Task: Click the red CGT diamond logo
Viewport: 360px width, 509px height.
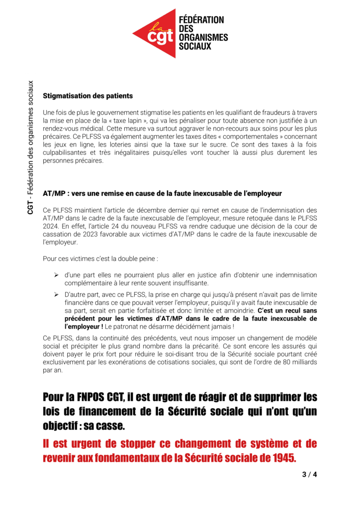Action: (x=156, y=33)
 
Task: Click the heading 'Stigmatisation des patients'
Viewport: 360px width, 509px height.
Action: (x=88, y=95)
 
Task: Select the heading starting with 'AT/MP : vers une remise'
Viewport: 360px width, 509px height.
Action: (x=162, y=193)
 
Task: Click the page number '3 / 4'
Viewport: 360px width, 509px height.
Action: (x=309, y=474)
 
